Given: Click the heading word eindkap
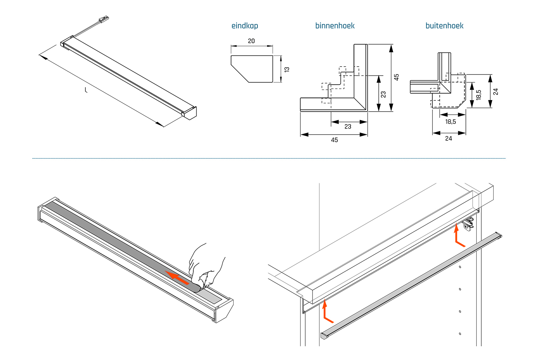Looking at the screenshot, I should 245,26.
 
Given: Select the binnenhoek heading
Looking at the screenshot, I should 335,26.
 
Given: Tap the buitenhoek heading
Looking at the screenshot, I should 444,26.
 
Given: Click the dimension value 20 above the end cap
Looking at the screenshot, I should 251,41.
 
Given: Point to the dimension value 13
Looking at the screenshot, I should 287,69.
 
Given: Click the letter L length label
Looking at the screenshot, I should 86,90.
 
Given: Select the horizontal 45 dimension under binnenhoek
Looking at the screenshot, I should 334,140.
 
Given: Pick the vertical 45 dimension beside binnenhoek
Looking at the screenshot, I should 396,77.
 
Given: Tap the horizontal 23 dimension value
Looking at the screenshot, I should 348,127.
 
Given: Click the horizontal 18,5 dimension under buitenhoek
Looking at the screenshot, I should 450,122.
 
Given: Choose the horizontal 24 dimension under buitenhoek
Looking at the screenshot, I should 449,139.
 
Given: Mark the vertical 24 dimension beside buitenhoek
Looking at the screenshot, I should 496,91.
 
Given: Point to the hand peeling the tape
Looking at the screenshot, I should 205,266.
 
